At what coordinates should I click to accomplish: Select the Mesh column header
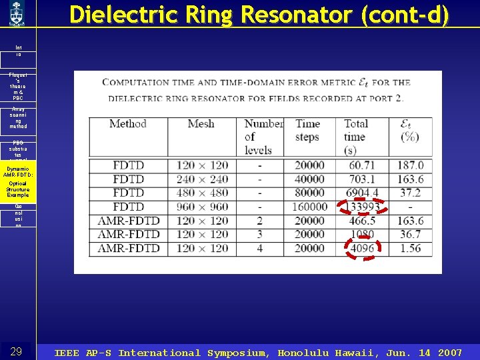pos(201,124)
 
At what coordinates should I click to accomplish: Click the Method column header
pos(127,124)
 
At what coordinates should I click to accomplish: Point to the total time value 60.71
pos(360,165)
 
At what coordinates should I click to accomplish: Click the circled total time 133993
pos(360,207)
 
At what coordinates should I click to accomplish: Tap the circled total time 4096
pos(362,249)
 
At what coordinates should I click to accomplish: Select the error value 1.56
pos(410,249)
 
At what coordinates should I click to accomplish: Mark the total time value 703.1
pos(360,179)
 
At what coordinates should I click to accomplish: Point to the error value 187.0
pos(410,165)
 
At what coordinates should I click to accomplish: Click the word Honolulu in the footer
pos(305,353)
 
